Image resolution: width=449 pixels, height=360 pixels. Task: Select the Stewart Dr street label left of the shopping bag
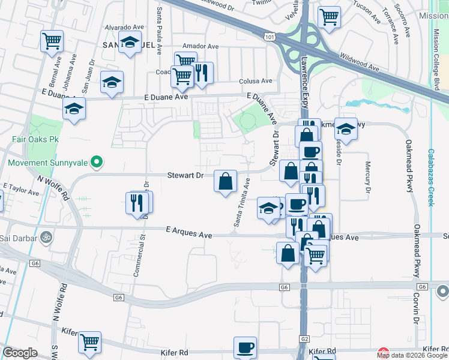(185, 175)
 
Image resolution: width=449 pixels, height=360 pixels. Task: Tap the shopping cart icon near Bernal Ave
(52, 41)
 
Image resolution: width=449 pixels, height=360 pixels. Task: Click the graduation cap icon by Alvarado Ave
(130, 43)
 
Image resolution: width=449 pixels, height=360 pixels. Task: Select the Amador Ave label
(200, 46)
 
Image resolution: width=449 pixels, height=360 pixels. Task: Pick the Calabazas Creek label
(430, 178)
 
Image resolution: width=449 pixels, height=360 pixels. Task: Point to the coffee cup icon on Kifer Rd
(245, 347)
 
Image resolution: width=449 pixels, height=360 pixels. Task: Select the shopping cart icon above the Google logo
(90, 342)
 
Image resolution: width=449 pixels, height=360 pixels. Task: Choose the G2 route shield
(304, 340)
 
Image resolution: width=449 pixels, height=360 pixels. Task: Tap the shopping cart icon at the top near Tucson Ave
(329, 17)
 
